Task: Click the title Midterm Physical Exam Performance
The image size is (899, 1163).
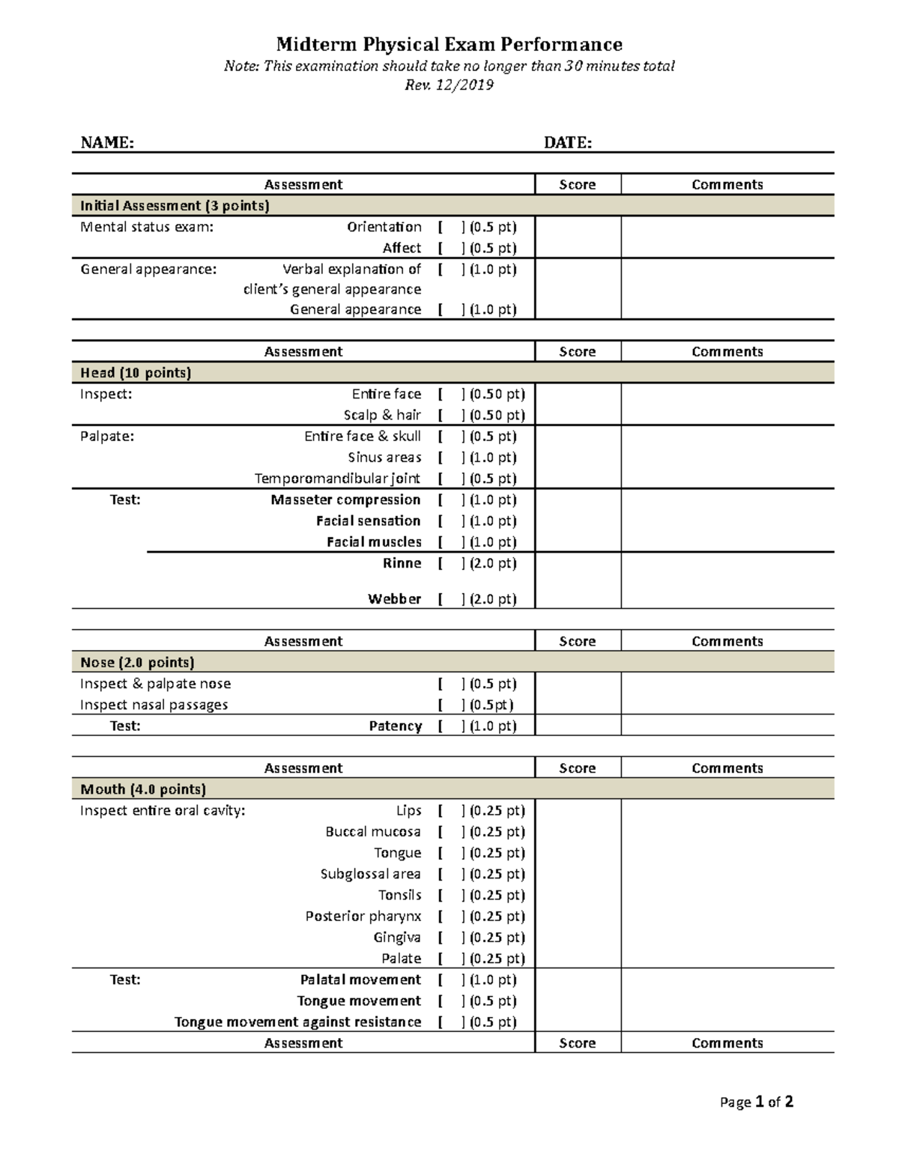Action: (449, 44)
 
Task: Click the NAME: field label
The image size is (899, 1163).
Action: (107, 143)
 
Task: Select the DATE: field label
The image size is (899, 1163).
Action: (567, 143)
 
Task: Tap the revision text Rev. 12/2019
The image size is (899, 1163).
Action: (449, 85)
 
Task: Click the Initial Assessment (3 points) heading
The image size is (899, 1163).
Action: (175, 205)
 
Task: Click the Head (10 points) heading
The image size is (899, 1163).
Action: (136, 372)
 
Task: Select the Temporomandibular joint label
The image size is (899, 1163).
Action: (337, 479)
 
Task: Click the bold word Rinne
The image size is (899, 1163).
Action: (402, 563)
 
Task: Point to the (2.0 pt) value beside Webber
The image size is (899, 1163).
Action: (493, 599)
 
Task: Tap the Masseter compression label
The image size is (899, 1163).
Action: (345, 499)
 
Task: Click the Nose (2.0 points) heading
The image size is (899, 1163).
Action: (137, 662)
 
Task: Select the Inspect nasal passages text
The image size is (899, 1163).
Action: (154, 705)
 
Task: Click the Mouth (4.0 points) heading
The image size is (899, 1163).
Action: (142, 789)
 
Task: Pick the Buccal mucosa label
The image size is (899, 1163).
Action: (373, 832)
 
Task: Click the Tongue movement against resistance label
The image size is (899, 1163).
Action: (297, 1022)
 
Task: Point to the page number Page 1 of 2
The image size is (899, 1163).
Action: (756, 1102)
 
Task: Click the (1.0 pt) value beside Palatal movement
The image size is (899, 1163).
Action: (493, 980)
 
